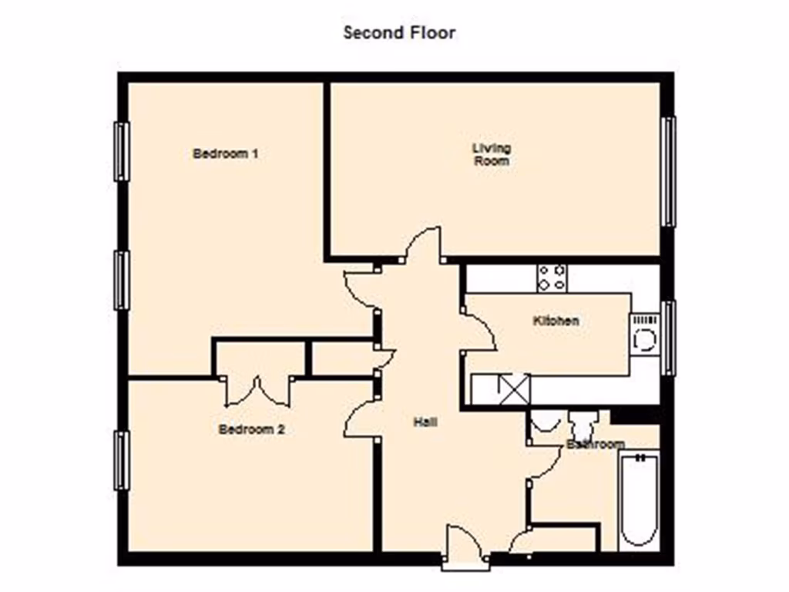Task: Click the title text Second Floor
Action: [399, 32]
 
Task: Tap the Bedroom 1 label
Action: [225, 153]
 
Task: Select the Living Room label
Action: [491, 154]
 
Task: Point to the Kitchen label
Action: [556, 321]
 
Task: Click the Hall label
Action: [425, 422]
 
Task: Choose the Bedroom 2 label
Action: [251, 429]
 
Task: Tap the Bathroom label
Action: [595, 445]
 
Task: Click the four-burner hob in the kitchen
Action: [552, 277]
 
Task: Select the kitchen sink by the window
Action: [644, 335]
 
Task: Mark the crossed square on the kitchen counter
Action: [515, 388]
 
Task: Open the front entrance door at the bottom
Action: [465, 549]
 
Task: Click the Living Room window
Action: [669, 171]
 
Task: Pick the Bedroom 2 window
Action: [121, 460]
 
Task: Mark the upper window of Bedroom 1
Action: [121, 152]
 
